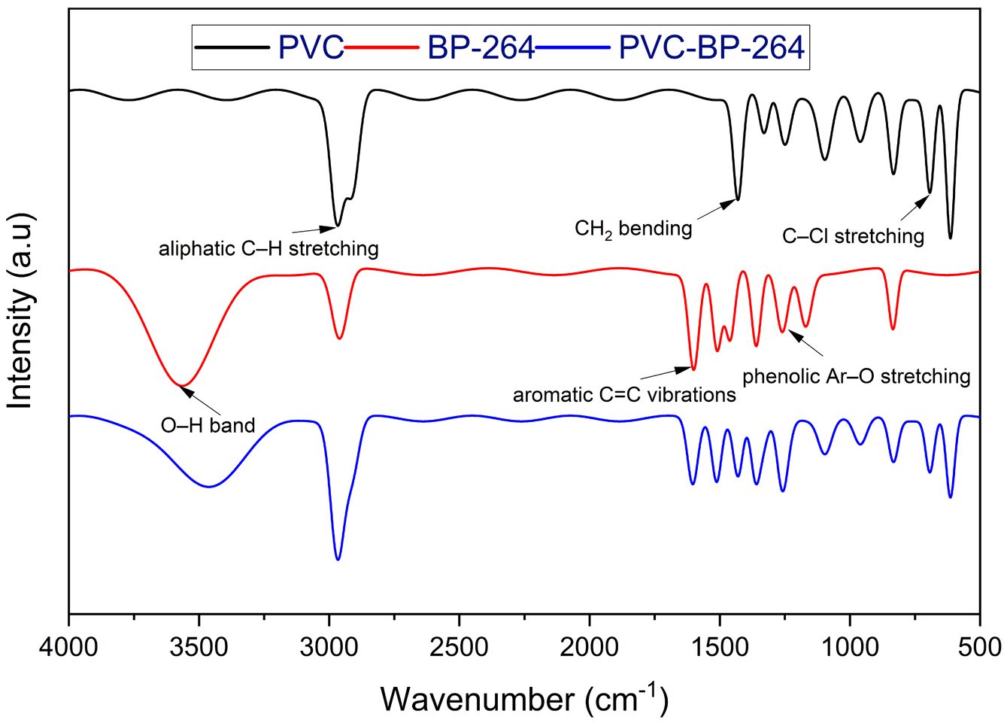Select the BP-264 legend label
click(x=481, y=47)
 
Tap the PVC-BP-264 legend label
click(x=711, y=47)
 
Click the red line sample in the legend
click(x=382, y=47)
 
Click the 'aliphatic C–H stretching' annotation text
click(x=268, y=249)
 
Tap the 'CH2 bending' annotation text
click(x=633, y=229)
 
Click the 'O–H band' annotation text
click(x=208, y=425)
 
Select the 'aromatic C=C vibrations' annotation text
click(x=624, y=395)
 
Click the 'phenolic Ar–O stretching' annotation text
click(x=857, y=376)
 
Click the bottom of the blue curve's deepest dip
click(x=338, y=560)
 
